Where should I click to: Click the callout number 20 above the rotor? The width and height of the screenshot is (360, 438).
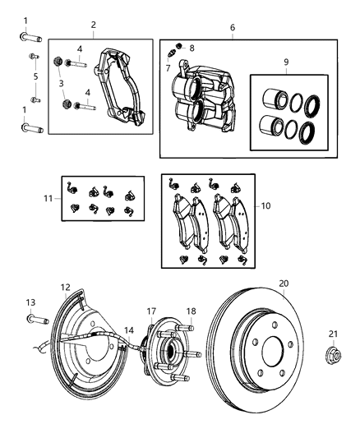pos(283,283)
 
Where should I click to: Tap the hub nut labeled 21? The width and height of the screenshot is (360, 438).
pos(332,357)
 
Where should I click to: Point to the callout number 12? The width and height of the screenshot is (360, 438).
pos(66,287)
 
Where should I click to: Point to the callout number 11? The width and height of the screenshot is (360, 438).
pos(48,198)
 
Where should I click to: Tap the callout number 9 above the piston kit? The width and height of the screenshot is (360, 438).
pos(286,62)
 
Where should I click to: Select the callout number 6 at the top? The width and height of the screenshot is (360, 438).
pos(233,27)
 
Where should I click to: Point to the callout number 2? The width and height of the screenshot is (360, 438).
pos(94,25)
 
